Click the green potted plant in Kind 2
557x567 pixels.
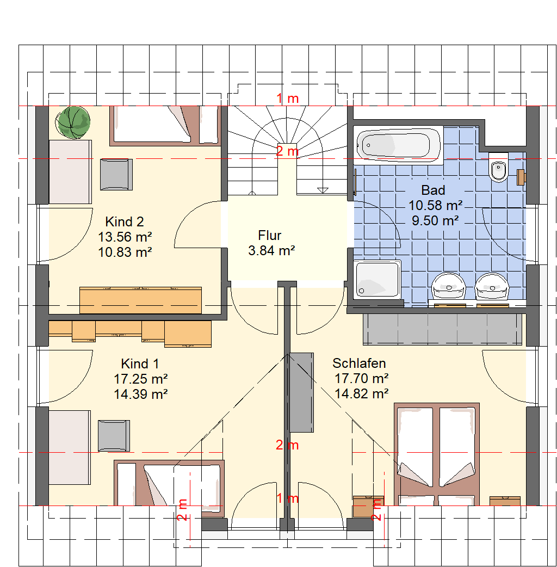(73, 122)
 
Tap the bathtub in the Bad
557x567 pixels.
(398, 145)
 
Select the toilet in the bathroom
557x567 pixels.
(498, 168)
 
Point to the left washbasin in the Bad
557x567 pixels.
(449, 287)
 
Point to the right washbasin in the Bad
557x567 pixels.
(492, 287)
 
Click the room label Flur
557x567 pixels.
(269, 236)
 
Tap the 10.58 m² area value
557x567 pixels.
(436, 205)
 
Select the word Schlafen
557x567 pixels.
(359, 363)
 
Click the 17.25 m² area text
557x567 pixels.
(140, 379)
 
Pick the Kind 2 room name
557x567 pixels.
(125, 221)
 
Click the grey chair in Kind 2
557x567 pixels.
(116, 174)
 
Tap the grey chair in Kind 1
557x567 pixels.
(114, 435)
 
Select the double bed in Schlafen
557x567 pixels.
(437, 454)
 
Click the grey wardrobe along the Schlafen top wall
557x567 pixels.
(442, 329)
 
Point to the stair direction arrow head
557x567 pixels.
(323, 190)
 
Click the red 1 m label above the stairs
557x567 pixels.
(287, 98)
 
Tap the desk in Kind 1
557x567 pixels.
(70, 447)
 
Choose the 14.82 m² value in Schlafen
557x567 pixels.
(362, 393)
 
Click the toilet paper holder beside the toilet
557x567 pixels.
(521, 177)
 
